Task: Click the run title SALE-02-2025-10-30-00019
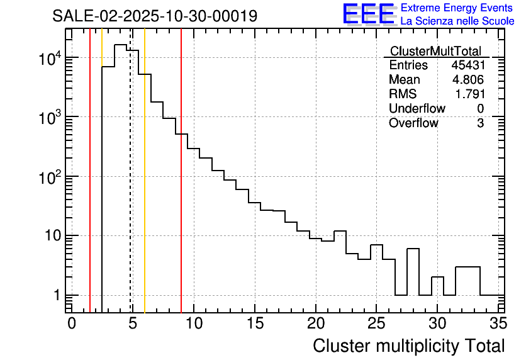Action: (x=155, y=16)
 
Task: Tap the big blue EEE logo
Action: (x=369, y=14)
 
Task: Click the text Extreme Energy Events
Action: (x=457, y=8)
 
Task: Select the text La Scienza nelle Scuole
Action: (x=457, y=21)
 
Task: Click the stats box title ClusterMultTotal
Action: (x=435, y=51)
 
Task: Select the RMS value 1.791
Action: (x=470, y=94)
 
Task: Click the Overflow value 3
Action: (x=480, y=123)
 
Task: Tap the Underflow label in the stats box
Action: (x=417, y=108)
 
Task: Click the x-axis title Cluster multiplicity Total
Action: (x=408, y=346)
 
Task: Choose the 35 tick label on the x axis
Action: (x=498, y=323)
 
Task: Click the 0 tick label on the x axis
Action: (x=72, y=323)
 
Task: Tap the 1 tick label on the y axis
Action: (x=55, y=296)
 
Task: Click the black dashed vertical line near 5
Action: (x=130, y=189)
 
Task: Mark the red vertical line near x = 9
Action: (x=181, y=189)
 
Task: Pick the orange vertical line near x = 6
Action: (x=145, y=189)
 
